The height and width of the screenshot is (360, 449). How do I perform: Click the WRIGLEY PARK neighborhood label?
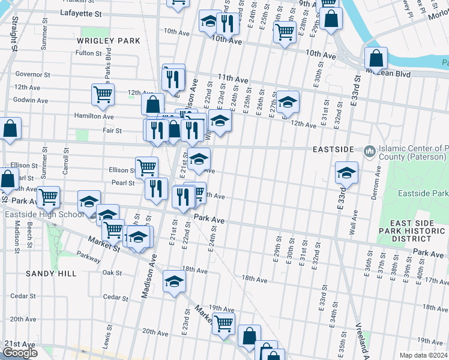coord(109,41)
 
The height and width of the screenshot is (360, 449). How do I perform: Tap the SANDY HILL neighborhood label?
coord(51,274)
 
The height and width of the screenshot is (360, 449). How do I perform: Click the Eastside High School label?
coord(44,214)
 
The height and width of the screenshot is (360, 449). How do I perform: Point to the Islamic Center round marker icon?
coord(369,149)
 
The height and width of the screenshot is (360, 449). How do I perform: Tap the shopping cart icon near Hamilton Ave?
coord(103,94)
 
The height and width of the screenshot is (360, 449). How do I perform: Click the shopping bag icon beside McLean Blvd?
coord(376,59)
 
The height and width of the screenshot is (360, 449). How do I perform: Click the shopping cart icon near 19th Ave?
coord(224,323)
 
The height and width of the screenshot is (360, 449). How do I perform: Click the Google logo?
coord(20,353)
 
